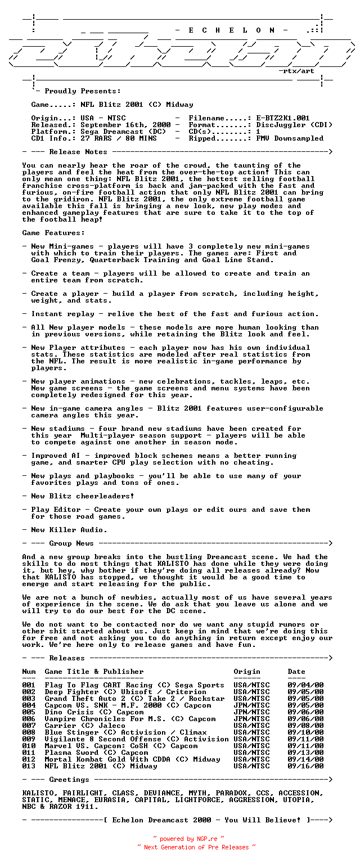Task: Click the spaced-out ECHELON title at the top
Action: [x=232, y=30]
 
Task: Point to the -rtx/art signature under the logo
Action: [x=296, y=71]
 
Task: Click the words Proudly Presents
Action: [x=83, y=91]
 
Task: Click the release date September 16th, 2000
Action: [x=125, y=125]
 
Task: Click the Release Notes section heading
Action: [x=74, y=152]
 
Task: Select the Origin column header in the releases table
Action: [x=247, y=672]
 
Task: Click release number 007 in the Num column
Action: [x=29, y=726]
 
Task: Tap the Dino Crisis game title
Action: [x=67, y=712]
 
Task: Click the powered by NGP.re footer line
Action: [x=188, y=839]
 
